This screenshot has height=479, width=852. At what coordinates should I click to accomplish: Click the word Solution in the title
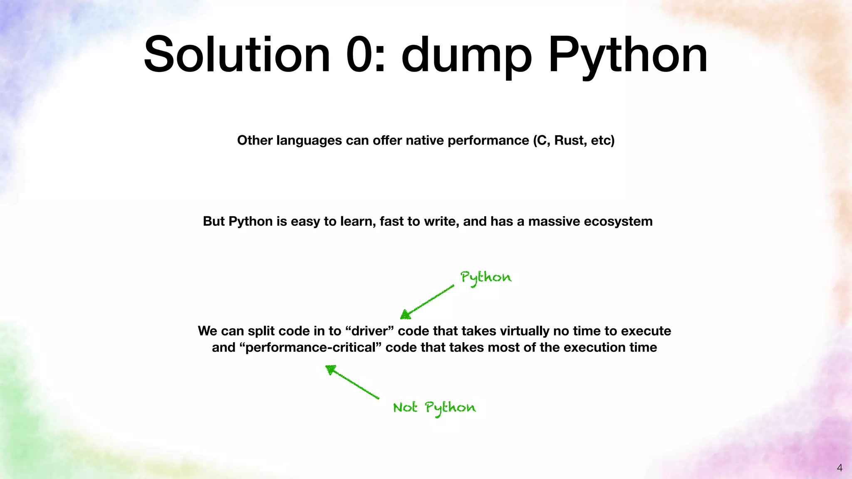point(236,55)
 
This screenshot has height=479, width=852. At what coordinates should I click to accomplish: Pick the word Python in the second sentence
point(250,221)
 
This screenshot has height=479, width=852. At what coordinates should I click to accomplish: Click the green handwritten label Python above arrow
point(485,278)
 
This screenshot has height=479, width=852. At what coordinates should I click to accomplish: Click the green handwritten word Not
point(405,407)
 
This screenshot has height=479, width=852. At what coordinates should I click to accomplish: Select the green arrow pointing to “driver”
point(427,302)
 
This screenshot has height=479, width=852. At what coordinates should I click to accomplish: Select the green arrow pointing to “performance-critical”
point(352,382)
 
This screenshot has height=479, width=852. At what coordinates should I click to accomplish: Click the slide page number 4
point(840,468)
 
